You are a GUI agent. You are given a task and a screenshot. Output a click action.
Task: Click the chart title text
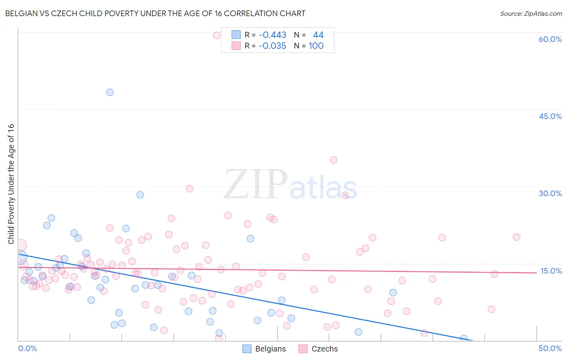tap(155, 13)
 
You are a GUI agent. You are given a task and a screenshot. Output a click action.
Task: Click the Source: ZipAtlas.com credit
tap(531, 13)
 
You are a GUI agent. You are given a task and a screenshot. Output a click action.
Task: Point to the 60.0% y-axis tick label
tap(550, 39)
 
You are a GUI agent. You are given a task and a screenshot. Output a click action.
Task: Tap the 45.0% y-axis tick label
tap(550, 116)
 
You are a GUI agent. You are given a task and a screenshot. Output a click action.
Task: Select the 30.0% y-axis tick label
tap(550, 193)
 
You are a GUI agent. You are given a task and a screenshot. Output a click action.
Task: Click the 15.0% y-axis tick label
tap(551, 271)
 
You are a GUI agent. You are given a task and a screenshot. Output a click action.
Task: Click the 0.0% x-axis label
tap(27, 348)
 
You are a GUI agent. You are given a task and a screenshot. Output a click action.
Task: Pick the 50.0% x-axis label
tap(550, 348)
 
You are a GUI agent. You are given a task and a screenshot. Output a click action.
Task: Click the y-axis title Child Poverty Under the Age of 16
tap(11, 184)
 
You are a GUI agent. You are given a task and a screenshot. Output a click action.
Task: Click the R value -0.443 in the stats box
tap(273, 35)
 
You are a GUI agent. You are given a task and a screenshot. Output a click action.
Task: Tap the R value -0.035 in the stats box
tap(273, 46)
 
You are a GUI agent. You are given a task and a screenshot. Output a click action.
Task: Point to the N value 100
tap(316, 46)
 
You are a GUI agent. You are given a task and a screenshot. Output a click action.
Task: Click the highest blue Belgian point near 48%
tap(110, 92)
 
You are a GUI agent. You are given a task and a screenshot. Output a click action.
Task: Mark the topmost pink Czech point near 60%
tap(217, 35)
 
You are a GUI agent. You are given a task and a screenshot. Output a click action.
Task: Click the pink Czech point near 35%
tap(334, 160)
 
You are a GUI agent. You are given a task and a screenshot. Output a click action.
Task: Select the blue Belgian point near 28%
tap(140, 195)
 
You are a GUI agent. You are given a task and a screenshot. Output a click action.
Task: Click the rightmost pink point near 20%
tap(517, 237)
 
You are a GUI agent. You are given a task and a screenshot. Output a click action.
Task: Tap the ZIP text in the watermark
tap(256, 184)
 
